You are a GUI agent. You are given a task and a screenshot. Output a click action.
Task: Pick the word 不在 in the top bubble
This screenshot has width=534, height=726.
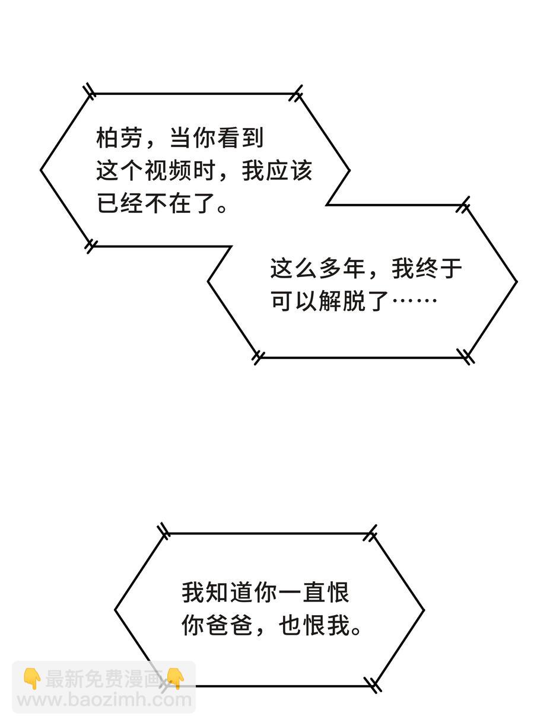pos(169,205)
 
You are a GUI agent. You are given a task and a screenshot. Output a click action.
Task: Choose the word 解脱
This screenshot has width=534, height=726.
pos(342,302)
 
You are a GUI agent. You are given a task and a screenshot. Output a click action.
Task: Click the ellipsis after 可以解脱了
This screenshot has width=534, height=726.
pos(415,302)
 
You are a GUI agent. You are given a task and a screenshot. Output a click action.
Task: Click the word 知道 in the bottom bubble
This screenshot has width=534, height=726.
pos(231,593)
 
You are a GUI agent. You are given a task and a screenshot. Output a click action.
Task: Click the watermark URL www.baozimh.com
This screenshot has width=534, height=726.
pos(104,700)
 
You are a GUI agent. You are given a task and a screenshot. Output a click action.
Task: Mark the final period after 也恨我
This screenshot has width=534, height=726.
pos(356,630)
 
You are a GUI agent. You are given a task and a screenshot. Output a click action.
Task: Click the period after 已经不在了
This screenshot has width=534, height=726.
pos(222,209)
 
